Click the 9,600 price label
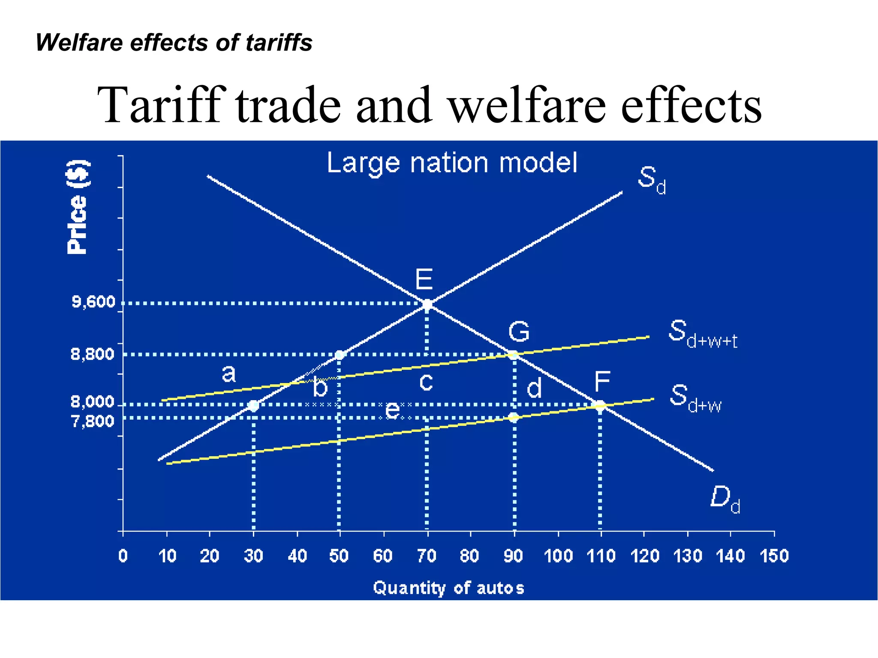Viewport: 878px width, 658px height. tap(93, 302)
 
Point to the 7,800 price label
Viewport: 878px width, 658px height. tap(93, 422)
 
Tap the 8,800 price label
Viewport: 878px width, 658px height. tap(93, 354)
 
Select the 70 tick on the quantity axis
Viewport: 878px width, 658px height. tap(427, 556)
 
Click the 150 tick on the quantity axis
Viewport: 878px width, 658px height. tap(774, 556)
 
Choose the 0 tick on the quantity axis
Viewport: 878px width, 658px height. tap(123, 556)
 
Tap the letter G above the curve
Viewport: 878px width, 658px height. tap(519, 332)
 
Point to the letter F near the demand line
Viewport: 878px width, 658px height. tap(602, 381)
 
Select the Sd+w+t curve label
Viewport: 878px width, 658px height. tap(702, 334)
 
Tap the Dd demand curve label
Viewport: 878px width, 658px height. tap(725, 499)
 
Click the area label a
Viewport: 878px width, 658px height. tap(229, 374)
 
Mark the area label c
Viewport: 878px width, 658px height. tap(426, 381)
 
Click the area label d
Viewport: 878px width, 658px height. tap(534, 388)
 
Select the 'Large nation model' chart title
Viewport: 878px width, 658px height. tap(452, 163)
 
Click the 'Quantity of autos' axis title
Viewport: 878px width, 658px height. tap(448, 588)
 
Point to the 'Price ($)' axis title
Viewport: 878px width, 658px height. tap(78, 207)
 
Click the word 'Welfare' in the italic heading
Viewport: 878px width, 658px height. tap(79, 43)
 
